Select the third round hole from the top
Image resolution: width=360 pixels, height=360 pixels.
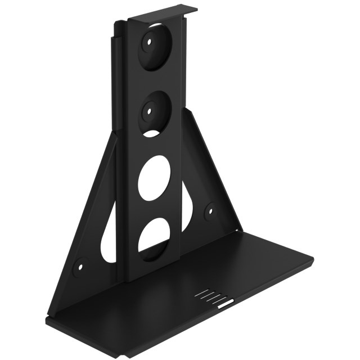[x=154, y=178]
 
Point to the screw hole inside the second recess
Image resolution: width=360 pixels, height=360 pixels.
[x=150, y=111]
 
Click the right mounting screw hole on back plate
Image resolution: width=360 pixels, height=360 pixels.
[x=210, y=211]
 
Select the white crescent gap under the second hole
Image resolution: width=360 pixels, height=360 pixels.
[x=153, y=133]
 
